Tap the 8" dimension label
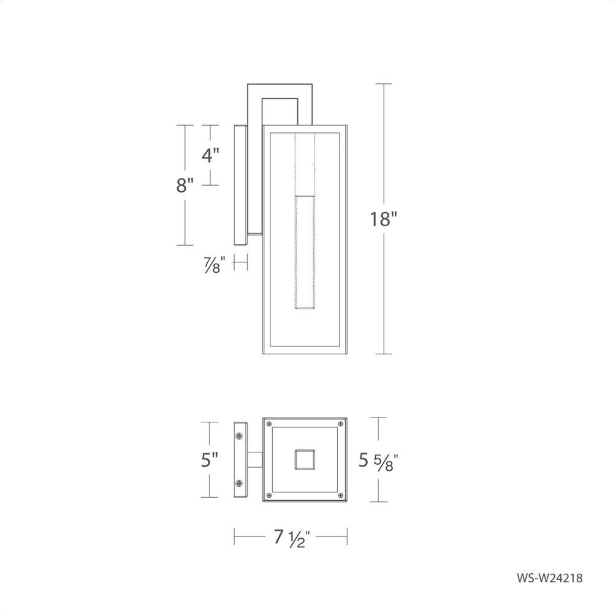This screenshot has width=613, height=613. point(185,185)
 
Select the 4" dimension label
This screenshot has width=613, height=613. point(210,155)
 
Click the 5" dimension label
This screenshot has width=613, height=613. point(210,459)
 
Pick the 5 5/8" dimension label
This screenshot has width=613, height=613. point(378,461)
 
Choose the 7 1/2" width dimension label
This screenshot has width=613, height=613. point(292,538)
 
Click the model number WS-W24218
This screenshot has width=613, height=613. point(550,578)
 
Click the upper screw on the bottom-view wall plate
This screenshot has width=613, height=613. point(239,435)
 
